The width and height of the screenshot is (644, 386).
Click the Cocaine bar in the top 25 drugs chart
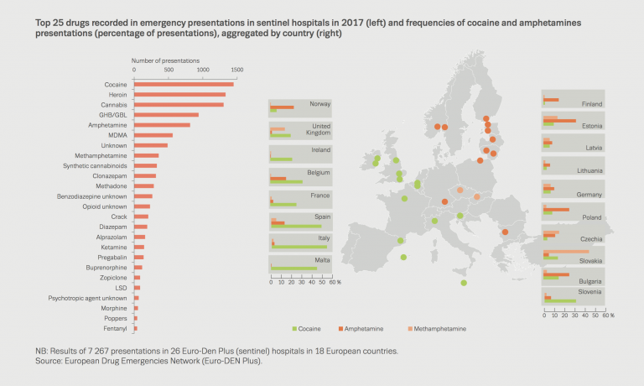pyautogui.click(x=184, y=85)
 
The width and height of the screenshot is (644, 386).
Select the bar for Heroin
pyautogui.click(x=179, y=94)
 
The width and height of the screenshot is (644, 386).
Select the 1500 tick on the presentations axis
pyautogui.click(x=237, y=70)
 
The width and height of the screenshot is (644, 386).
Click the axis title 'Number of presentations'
pyautogui.click(x=167, y=61)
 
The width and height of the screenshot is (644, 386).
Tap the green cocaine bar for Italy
pyautogui.click(x=299, y=247)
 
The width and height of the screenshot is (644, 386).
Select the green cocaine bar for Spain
pyautogui.click(x=295, y=226)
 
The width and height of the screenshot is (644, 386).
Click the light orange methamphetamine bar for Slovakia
pyautogui.click(x=566, y=251)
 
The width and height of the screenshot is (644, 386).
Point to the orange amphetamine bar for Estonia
pyautogui.click(x=559, y=121)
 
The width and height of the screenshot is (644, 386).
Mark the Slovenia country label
pyautogui.click(x=590, y=291)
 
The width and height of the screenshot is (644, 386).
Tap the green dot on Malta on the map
pyautogui.click(x=464, y=284)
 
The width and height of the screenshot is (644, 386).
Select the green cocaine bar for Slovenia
pyautogui.click(x=559, y=300)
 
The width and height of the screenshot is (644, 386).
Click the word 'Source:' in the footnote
pyautogui.click(x=45, y=361)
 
